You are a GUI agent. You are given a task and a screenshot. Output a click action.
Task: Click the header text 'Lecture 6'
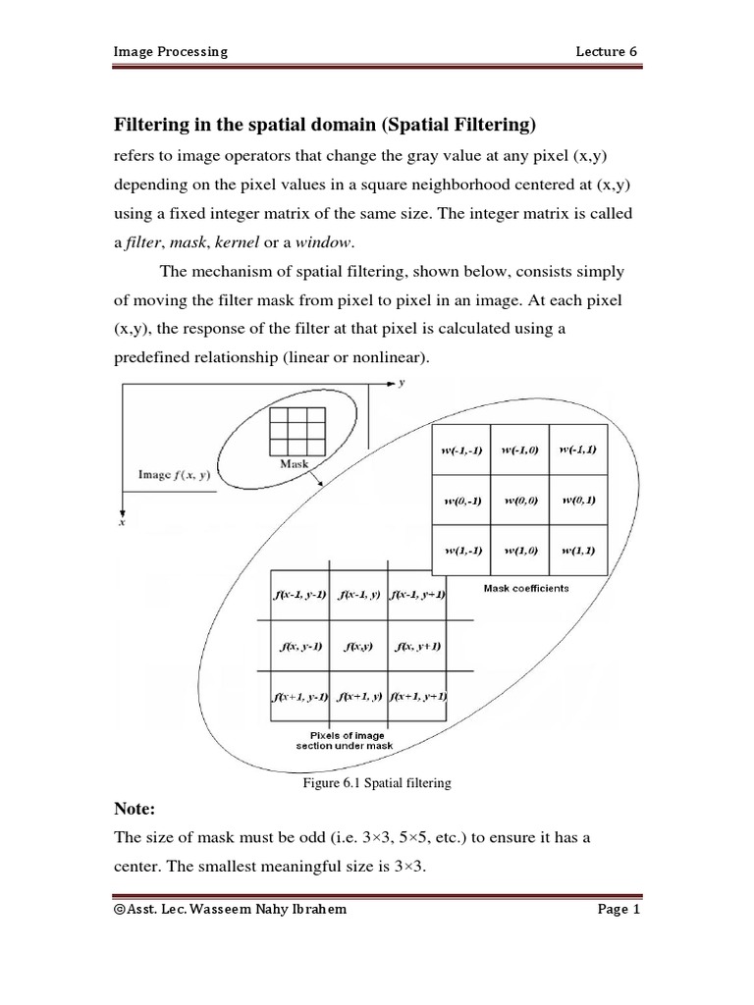click(612, 51)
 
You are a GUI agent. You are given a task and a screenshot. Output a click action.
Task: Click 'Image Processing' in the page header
click(171, 51)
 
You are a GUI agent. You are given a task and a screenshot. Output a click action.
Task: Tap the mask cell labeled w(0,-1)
click(460, 501)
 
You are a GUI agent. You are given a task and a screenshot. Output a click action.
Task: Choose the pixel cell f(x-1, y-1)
click(298, 595)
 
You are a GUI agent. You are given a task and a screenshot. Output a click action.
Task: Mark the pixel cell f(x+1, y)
click(358, 697)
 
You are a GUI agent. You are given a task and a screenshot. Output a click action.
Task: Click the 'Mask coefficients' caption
click(525, 589)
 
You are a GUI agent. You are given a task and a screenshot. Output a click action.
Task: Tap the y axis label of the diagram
click(404, 383)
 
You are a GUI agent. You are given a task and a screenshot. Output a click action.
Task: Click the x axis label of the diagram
click(122, 524)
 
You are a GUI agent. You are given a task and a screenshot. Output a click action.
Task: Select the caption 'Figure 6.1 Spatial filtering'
click(376, 782)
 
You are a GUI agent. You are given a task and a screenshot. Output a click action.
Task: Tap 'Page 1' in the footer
click(619, 910)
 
